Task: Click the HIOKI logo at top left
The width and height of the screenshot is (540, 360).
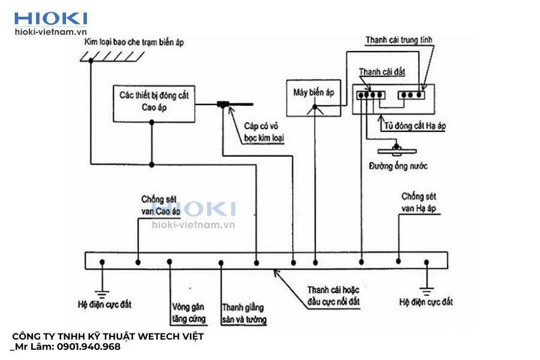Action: click(50, 18)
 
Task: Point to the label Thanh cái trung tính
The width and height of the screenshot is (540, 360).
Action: click(399, 40)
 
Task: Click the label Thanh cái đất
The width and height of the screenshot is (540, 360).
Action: click(382, 72)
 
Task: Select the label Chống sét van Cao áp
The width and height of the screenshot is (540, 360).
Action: click(160, 205)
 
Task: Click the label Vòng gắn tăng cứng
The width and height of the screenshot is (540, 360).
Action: click(188, 311)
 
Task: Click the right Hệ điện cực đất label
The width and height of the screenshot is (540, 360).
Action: click(426, 302)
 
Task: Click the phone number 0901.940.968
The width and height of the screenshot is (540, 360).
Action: click(88, 347)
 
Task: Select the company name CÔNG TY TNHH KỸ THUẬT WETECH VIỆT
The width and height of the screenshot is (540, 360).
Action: click(108, 336)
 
